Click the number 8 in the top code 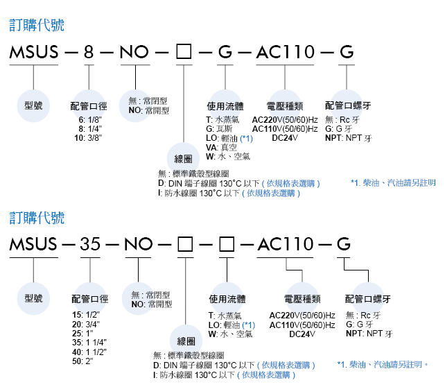point(89,52)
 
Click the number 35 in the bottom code point(90,244)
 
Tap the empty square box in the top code point(184,52)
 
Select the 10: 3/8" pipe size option point(88,138)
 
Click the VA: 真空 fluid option point(221,147)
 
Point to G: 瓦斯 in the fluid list point(219,129)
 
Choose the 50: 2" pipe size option point(82,361)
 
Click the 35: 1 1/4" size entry point(89,343)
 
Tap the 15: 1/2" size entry point(86,315)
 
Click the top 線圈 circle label point(183,159)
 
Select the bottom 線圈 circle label point(186,341)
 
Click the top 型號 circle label point(33,105)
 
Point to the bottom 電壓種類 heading point(302,299)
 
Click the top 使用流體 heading point(225,106)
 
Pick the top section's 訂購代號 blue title point(37,25)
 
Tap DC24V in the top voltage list point(285,138)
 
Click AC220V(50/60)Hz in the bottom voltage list point(302,316)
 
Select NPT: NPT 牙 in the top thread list point(349,138)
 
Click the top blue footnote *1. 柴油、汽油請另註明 point(393,183)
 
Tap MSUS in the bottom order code point(34,244)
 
